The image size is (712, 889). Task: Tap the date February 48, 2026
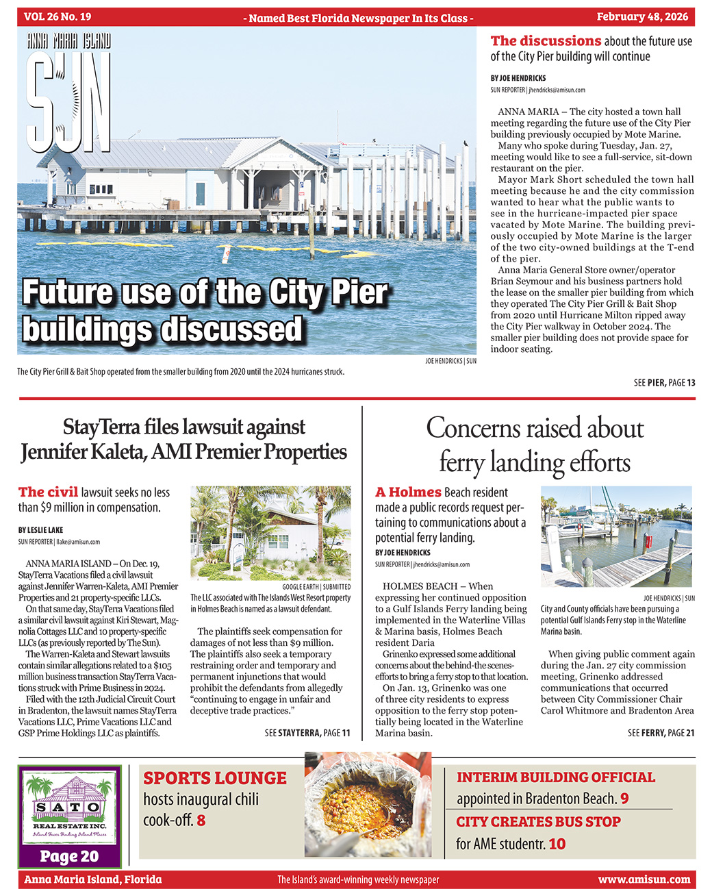point(642,17)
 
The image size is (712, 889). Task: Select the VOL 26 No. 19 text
point(58,17)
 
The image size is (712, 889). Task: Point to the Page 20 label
point(69,856)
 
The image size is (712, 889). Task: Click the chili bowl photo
point(368,804)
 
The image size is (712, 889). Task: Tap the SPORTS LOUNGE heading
point(215,779)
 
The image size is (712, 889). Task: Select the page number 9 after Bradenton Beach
point(624,799)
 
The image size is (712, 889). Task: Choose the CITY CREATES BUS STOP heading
point(538,822)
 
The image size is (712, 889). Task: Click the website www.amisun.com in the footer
point(644,879)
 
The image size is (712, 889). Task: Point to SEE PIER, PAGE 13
point(664,383)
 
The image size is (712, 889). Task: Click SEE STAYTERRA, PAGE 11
point(307,733)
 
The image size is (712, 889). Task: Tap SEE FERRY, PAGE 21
point(661,733)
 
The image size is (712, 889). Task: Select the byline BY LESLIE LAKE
point(41,530)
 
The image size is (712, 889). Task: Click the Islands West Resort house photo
point(270,533)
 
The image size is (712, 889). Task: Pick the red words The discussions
point(546,41)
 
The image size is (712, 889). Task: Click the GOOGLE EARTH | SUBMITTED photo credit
point(316,587)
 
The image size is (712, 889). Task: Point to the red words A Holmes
point(408,492)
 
